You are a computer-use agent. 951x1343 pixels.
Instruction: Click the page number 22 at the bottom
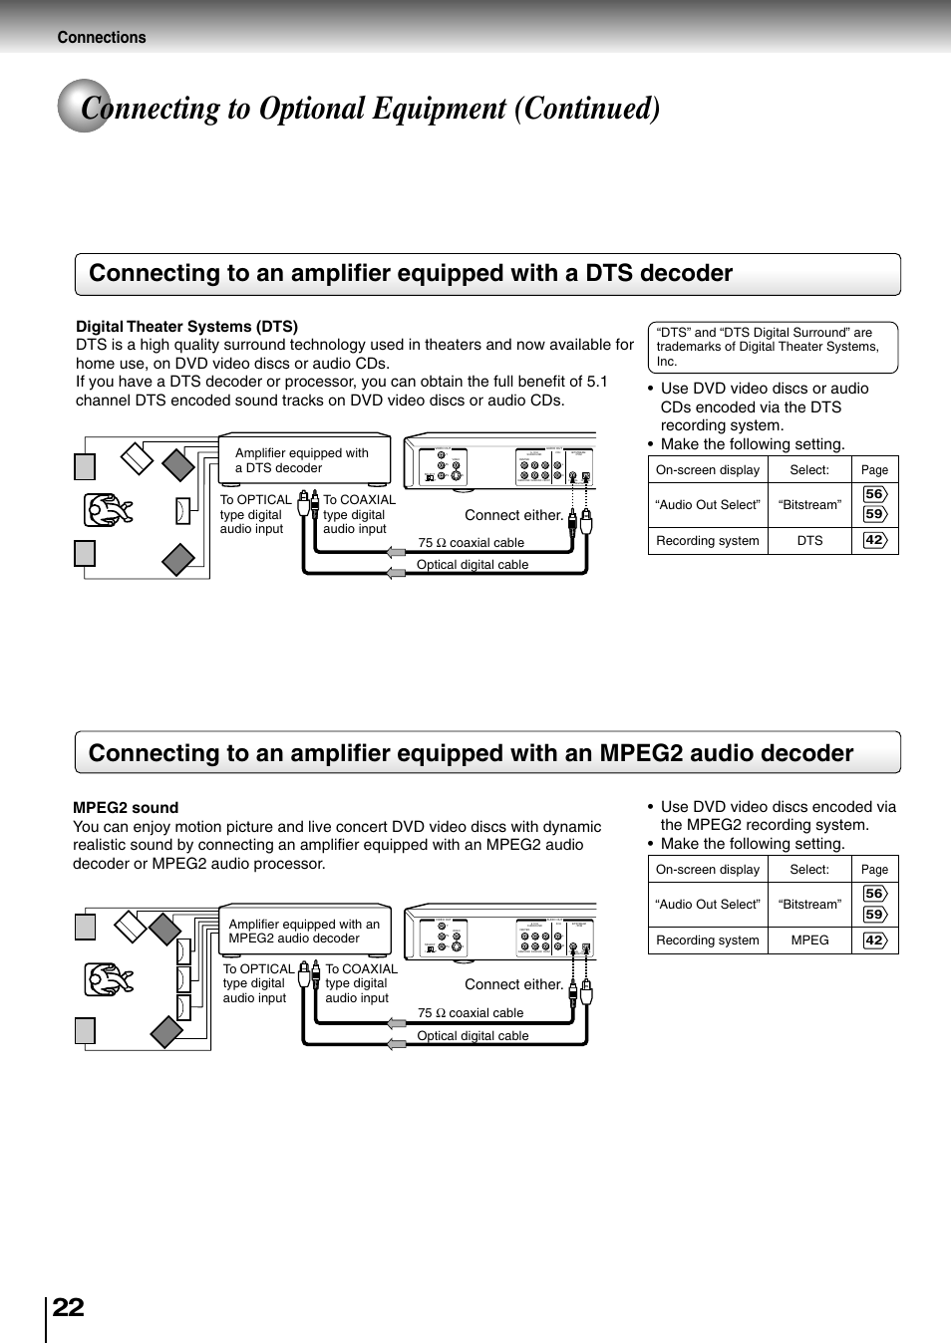pyautogui.click(x=68, y=1307)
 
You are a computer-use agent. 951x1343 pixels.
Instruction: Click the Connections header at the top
pyautogui.click(x=102, y=38)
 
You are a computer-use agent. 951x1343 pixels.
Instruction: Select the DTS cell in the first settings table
pyautogui.click(x=809, y=541)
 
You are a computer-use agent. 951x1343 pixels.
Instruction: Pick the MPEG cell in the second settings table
pyautogui.click(x=809, y=940)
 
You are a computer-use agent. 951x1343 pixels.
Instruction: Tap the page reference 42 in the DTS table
pyautogui.click(x=874, y=540)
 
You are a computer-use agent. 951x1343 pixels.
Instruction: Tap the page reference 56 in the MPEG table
pyautogui.click(x=874, y=894)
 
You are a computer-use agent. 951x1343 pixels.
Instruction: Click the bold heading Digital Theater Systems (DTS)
pyautogui.click(x=186, y=326)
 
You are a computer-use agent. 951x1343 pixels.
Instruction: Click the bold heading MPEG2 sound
pyautogui.click(x=126, y=807)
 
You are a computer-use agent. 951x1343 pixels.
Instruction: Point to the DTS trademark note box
pyautogui.click(x=773, y=347)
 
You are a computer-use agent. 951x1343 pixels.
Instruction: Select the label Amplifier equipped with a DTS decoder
pyautogui.click(x=302, y=460)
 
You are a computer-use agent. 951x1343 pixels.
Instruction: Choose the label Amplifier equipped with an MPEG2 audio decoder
pyautogui.click(x=304, y=931)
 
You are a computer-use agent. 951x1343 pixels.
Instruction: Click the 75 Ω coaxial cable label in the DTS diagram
pyautogui.click(x=471, y=543)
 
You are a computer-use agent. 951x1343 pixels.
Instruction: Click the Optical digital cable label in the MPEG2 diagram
pyautogui.click(x=473, y=1036)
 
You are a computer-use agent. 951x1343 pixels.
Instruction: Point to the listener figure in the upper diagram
pyautogui.click(x=109, y=510)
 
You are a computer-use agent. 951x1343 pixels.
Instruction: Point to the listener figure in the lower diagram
pyautogui.click(x=109, y=980)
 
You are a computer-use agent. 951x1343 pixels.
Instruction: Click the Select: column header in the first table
pyautogui.click(x=809, y=470)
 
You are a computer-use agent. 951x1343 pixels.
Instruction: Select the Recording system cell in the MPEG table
pyautogui.click(x=708, y=940)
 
